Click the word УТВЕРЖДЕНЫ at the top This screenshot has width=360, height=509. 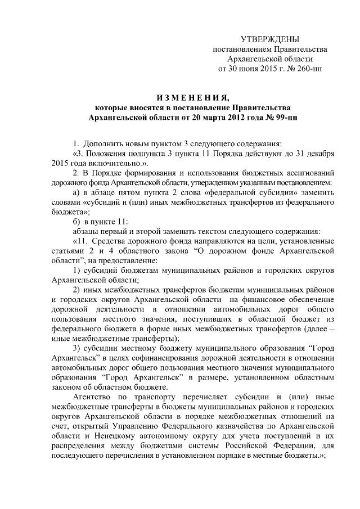269,39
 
